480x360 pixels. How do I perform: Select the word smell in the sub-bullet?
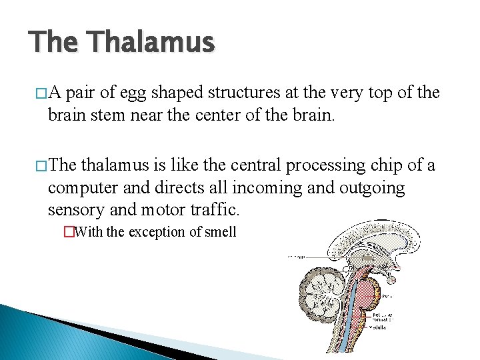pyautogui.click(x=220, y=233)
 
